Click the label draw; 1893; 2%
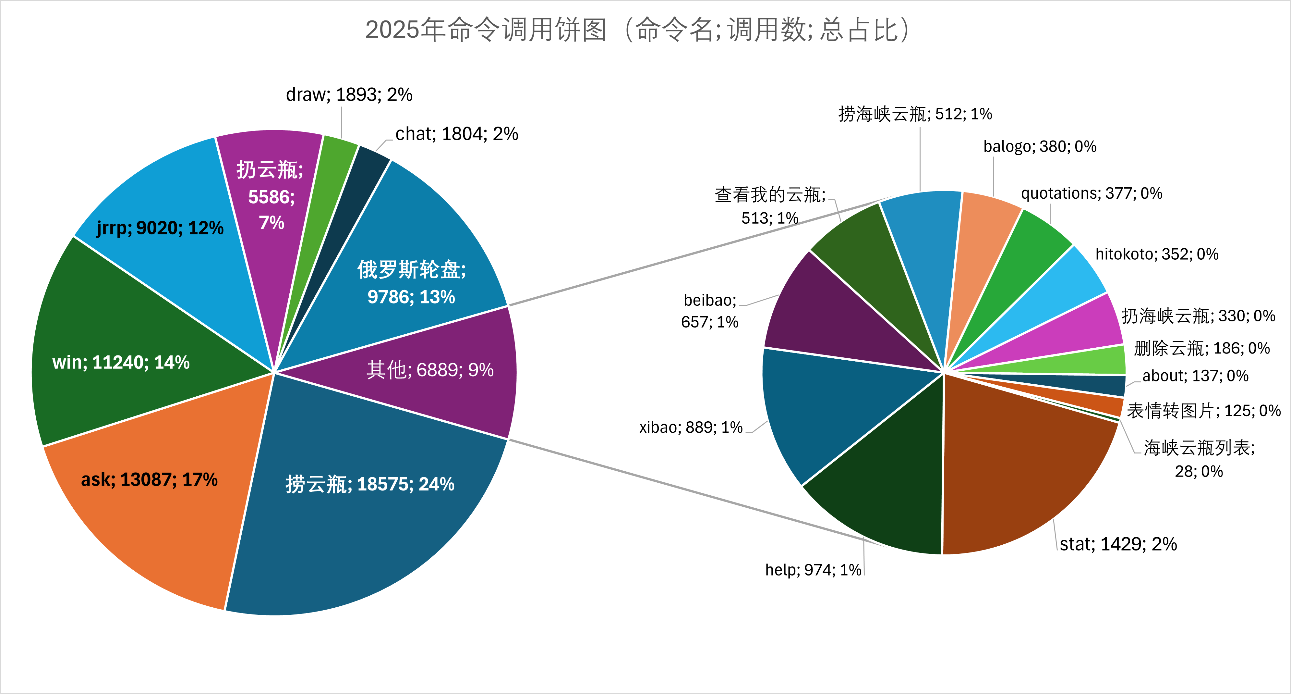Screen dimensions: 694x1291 click(349, 94)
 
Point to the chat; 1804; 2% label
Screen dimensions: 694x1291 click(457, 134)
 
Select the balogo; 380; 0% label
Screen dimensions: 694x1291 click(1039, 146)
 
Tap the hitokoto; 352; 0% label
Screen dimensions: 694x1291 click(1157, 254)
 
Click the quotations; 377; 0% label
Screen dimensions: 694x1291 click(1092, 193)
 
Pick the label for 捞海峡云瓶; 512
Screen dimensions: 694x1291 click(915, 114)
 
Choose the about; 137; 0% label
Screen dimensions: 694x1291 click(1195, 376)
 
